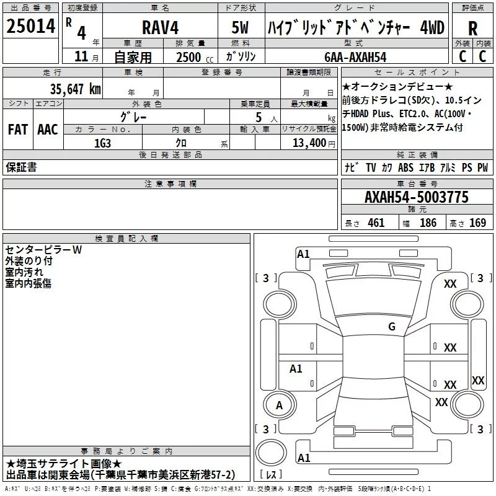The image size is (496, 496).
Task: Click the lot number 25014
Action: tap(30, 26)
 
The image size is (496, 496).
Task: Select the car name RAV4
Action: tap(160, 27)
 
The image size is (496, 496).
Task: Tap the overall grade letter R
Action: tap(472, 29)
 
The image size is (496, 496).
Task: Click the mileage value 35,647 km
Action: tap(75, 89)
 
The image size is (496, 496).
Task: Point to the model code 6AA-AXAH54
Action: tap(355, 57)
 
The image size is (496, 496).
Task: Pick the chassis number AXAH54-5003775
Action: tap(417, 197)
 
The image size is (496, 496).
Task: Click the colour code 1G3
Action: tap(102, 143)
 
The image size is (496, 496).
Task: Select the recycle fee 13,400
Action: tap(309, 143)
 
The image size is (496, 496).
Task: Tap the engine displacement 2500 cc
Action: tap(195, 58)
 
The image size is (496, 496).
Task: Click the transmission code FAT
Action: tap(18, 130)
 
